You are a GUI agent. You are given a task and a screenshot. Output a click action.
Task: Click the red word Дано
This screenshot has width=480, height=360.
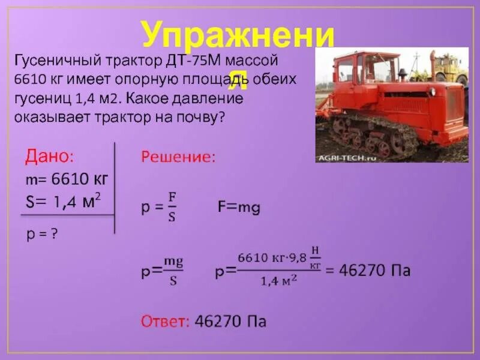click(x=48, y=157)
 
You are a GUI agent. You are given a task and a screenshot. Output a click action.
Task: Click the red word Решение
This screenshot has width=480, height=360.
click(x=178, y=157)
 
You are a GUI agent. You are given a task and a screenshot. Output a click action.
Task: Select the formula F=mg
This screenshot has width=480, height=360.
click(x=238, y=208)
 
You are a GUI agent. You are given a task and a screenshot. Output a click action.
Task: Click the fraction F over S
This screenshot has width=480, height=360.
click(x=172, y=207)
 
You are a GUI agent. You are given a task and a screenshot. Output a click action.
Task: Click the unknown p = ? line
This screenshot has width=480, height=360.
click(x=41, y=234)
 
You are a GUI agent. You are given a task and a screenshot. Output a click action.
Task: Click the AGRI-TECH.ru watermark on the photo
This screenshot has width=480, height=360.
click(x=346, y=157)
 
